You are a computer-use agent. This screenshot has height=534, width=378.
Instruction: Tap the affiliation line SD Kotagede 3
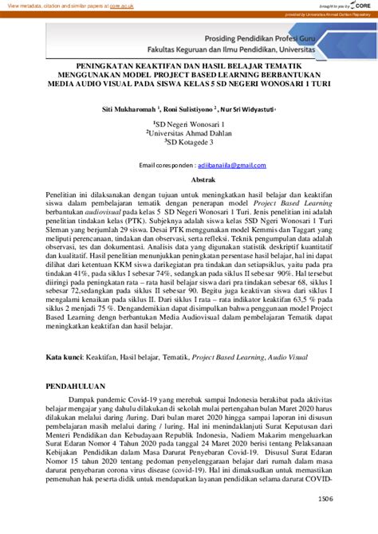tap(189, 143)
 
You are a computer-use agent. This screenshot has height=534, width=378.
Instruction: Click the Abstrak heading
tap(188, 181)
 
